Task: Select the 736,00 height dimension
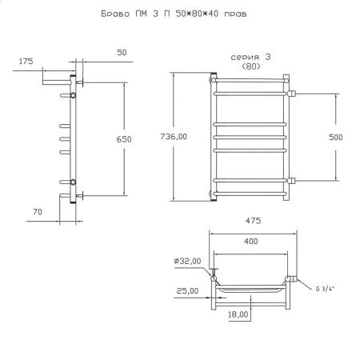[x=174, y=137]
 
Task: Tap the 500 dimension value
[x=335, y=137]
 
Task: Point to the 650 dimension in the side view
[x=124, y=139]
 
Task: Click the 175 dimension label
[x=26, y=62]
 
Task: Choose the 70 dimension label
[x=38, y=212]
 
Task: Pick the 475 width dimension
[x=253, y=221]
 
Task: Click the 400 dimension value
[x=251, y=242]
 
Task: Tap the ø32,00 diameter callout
[x=187, y=261]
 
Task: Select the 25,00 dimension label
[x=187, y=290]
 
